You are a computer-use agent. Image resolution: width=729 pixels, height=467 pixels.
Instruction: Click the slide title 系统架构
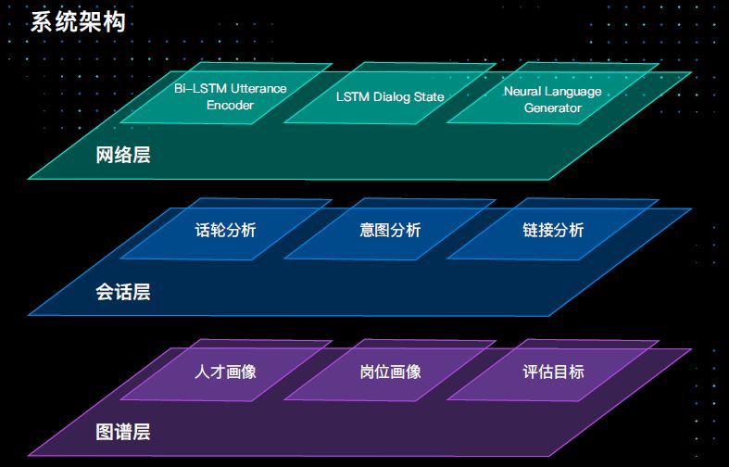(78, 22)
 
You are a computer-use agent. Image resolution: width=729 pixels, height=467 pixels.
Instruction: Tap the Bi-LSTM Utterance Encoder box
(226, 94)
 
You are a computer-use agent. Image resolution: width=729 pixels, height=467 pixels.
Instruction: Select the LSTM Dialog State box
(390, 94)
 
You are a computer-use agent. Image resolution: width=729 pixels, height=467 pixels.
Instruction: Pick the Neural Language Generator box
(553, 94)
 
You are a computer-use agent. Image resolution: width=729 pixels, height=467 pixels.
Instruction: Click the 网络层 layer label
(123, 155)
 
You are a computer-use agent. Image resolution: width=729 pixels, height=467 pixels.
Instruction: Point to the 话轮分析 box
(226, 229)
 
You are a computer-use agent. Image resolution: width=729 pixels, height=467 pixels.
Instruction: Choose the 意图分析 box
(390, 229)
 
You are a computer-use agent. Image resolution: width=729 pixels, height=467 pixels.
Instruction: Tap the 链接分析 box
(553, 229)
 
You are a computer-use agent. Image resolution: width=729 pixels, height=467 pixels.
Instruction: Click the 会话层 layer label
(123, 292)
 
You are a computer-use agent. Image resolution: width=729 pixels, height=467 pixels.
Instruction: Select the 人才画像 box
(226, 371)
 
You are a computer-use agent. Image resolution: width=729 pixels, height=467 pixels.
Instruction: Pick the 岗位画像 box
(390, 371)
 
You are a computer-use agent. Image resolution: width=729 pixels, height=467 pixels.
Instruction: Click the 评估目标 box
(553, 371)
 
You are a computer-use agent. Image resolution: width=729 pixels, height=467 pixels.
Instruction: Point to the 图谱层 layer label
(123, 432)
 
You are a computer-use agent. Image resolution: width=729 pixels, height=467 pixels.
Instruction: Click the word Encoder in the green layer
(230, 105)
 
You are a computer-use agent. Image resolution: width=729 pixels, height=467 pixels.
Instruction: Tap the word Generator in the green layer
(553, 107)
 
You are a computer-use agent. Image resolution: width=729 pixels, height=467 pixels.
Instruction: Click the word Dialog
(393, 96)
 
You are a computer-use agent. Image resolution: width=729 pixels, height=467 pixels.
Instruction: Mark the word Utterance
(258, 88)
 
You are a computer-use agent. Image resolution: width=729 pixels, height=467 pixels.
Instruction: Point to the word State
(430, 96)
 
